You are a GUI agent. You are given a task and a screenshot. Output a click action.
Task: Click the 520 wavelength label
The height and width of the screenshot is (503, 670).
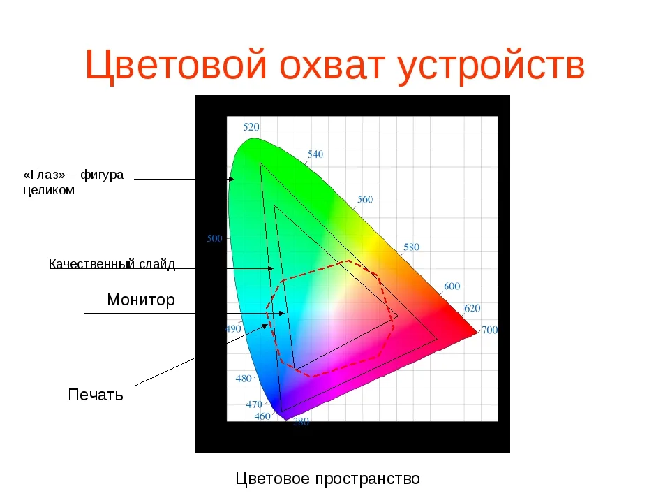tap(251, 127)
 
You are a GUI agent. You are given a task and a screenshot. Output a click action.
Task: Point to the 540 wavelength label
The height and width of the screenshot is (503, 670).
tap(315, 154)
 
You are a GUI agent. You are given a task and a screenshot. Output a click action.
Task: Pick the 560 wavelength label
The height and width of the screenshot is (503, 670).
tap(364, 199)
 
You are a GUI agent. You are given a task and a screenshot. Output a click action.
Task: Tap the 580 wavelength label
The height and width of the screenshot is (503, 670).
tap(412, 247)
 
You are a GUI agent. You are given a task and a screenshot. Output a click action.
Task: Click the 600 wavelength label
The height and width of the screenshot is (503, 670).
tap(452, 286)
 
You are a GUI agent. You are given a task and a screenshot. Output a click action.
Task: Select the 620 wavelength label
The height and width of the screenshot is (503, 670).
tap(472, 308)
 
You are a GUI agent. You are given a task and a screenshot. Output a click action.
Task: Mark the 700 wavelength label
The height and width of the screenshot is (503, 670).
tap(490, 330)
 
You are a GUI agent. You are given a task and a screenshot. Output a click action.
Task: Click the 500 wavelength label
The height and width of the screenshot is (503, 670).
tap(215, 239)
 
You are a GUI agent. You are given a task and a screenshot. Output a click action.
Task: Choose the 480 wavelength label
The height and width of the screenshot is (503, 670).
tap(244, 379)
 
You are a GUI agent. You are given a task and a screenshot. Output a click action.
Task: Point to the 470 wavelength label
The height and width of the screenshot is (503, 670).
tap(254, 404)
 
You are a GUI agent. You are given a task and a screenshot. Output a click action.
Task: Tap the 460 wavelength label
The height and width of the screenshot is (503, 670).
tap(262, 416)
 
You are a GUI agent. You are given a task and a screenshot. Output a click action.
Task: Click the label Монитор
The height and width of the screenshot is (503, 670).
tap(140, 300)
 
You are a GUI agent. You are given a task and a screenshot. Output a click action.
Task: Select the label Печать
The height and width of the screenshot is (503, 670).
tap(96, 395)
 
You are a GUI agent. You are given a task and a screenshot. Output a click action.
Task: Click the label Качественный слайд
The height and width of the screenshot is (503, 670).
tap(112, 264)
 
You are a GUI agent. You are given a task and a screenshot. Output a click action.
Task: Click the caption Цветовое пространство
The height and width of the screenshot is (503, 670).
tap(328, 479)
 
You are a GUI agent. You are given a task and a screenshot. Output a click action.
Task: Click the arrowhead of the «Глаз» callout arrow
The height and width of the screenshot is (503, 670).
tap(231, 180)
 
